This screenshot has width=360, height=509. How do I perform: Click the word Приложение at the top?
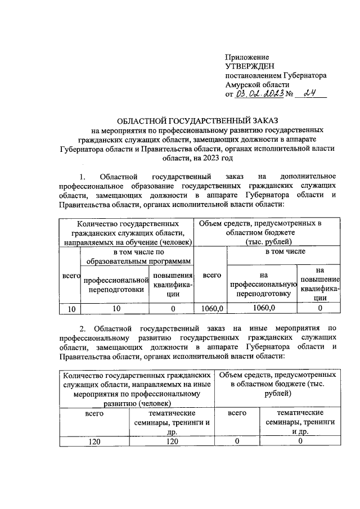click(x=246, y=57)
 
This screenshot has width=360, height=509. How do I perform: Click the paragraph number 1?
click(x=83, y=177)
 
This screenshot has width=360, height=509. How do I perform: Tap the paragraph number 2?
click(x=83, y=327)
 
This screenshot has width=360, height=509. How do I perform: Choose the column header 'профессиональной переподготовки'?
click(x=115, y=285)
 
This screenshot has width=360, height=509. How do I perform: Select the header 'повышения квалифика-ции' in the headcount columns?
click(x=172, y=285)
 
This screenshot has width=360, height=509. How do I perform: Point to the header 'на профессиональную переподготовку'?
click(x=263, y=285)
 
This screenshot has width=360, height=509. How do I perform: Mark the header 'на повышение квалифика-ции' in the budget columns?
click(x=319, y=285)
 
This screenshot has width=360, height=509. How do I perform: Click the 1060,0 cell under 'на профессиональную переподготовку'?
click(x=263, y=308)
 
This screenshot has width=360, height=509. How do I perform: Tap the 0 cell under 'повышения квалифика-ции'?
click(x=172, y=309)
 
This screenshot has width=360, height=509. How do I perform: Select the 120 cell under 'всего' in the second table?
click(x=94, y=442)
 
